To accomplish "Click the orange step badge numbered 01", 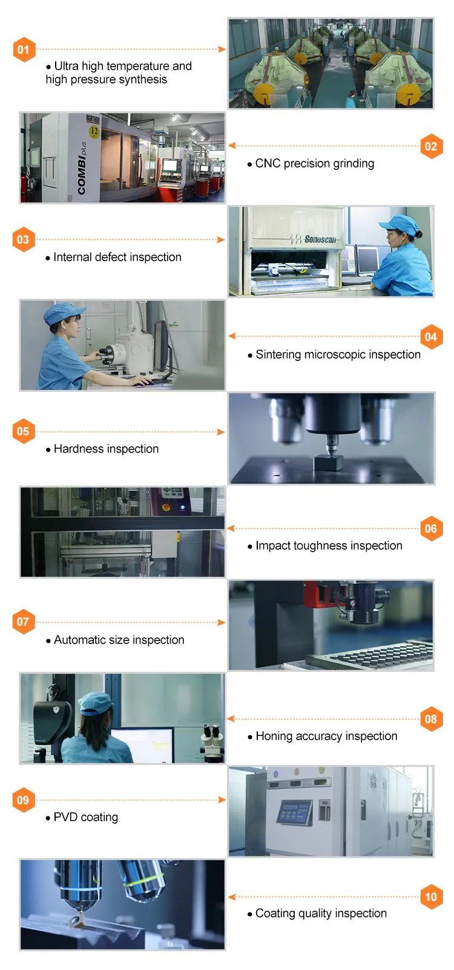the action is click(x=24, y=50).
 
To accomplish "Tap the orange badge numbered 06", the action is click(x=431, y=529).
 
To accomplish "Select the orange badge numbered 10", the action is click(x=431, y=897).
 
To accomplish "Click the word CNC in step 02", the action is click(x=268, y=163).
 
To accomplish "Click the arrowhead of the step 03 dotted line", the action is click(x=221, y=239).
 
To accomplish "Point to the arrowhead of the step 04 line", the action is click(x=232, y=336).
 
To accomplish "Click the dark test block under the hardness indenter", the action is click(x=328, y=461).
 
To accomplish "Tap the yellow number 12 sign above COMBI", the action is click(x=94, y=131).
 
